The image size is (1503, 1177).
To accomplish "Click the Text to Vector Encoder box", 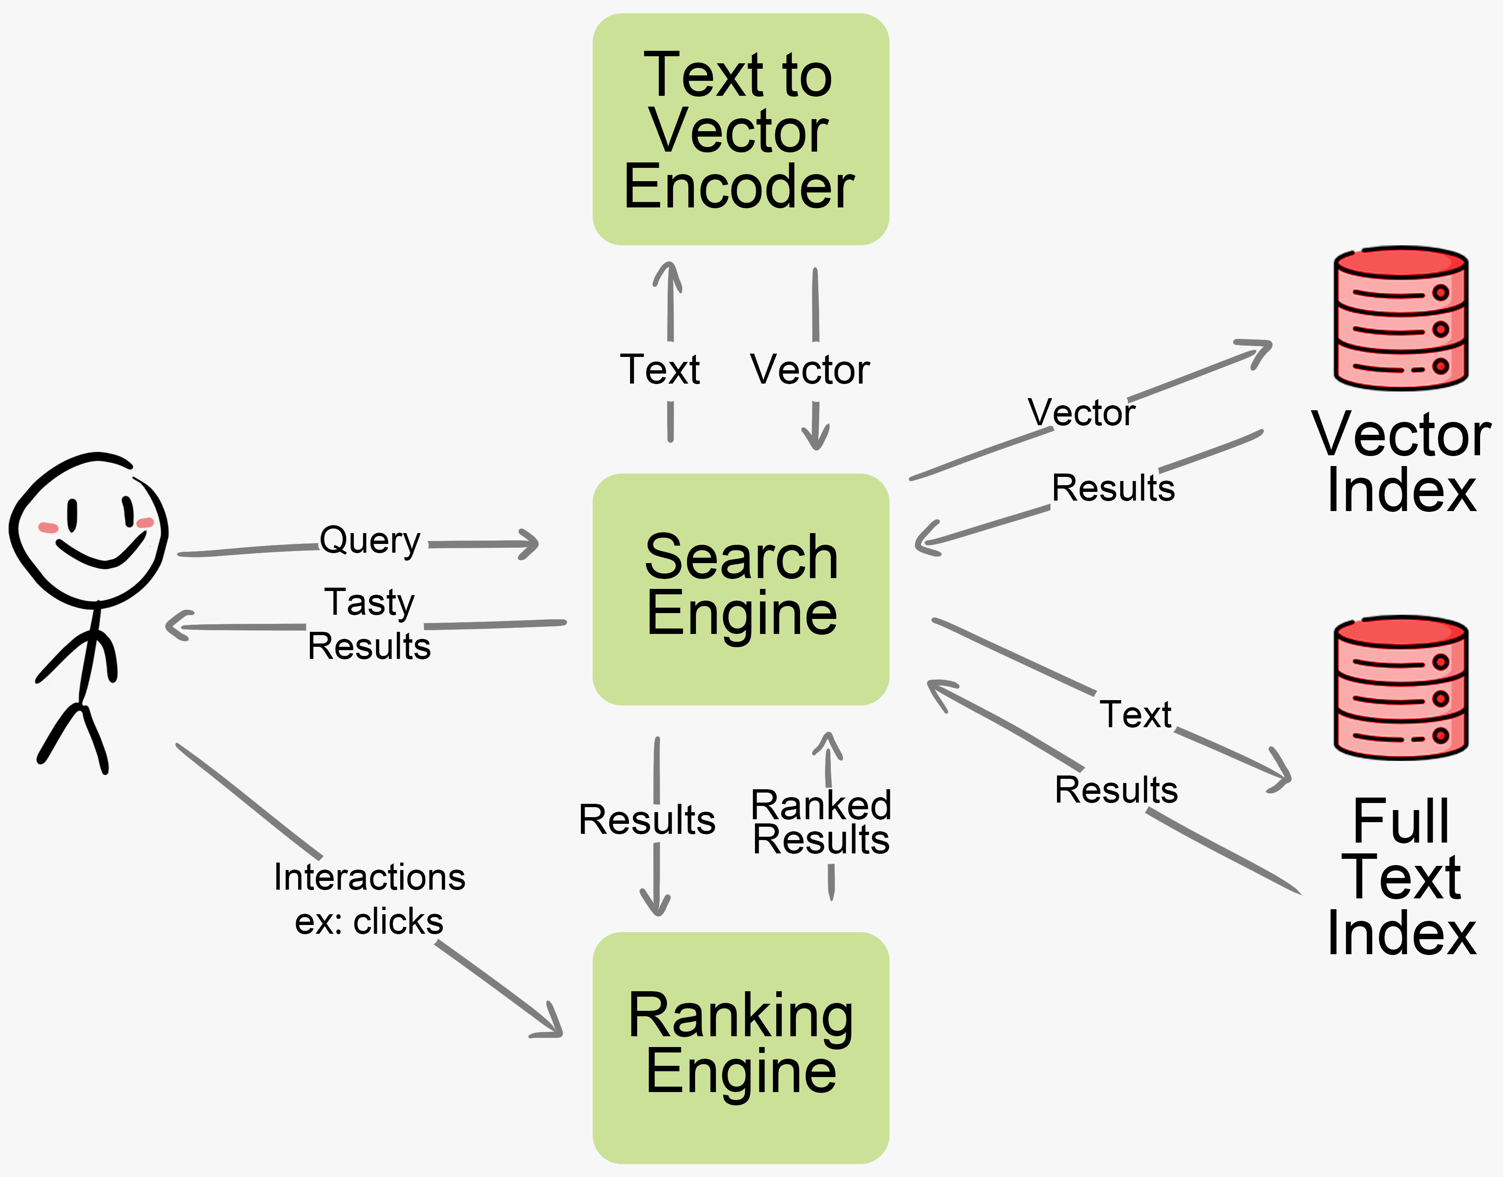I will pyautogui.click(x=740, y=130).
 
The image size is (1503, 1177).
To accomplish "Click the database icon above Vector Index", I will pyautogui.click(x=1400, y=318).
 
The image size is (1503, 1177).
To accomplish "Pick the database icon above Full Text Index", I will pyautogui.click(x=1400, y=687).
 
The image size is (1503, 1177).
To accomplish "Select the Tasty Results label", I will pyautogui.click(x=369, y=623).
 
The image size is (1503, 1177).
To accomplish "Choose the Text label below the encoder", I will pyautogui.click(x=660, y=370).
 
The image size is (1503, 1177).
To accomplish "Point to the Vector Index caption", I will pyautogui.click(x=1400, y=462).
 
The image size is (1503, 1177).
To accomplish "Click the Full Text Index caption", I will pyautogui.click(x=1400, y=877).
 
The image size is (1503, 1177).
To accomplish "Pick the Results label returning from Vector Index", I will pyautogui.click(x=1112, y=488).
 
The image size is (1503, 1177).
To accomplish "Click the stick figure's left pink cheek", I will pyautogui.click(x=47, y=528).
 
